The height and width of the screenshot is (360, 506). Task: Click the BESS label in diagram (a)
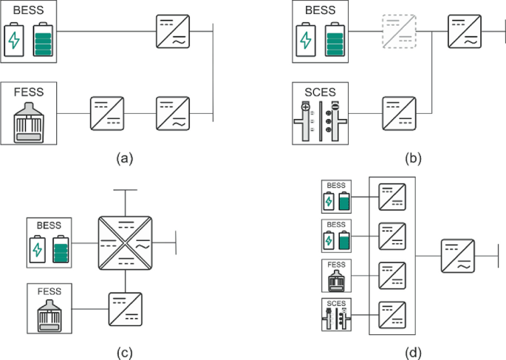click(x=29, y=11)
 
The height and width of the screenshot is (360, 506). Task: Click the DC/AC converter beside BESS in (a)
click(x=173, y=31)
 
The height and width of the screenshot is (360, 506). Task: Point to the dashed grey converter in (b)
click(x=398, y=32)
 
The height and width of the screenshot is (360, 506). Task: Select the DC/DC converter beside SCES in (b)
click(x=398, y=114)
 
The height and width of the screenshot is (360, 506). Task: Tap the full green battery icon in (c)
click(x=61, y=251)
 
